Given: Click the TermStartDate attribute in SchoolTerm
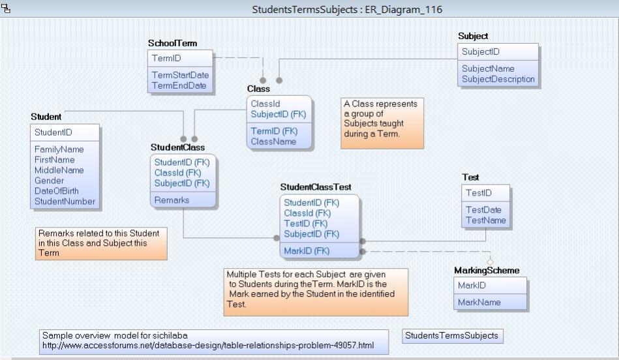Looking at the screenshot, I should (180, 75).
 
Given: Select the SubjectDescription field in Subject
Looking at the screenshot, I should (498, 79).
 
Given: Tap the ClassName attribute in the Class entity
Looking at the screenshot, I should (273, 141).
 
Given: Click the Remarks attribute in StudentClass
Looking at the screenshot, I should (172, 200).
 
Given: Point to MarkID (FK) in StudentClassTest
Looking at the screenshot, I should (307, 250).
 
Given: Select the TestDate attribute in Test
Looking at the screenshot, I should (483, 210).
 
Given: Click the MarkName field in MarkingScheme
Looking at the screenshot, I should (479, 302).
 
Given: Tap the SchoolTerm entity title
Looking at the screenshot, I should (172, 43).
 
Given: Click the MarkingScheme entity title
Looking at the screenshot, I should (487, 270).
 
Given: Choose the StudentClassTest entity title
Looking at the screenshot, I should (316, 187).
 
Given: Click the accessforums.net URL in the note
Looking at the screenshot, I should (207, 344).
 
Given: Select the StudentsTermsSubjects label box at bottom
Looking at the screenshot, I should (451, 336).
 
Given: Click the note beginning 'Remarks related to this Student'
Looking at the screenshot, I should (101, 243).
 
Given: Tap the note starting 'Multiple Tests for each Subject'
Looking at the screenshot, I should (316, 292).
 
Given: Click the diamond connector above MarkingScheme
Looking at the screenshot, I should (491, 262).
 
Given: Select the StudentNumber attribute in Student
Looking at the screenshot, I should (65, 202).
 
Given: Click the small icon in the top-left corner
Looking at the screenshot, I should (6, 8).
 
